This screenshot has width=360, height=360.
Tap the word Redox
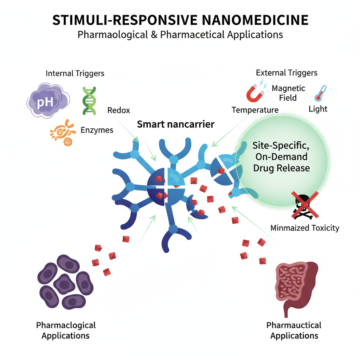coord(118,110)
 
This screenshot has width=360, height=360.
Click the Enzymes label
coord(97,130)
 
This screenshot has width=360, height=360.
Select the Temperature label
coord(255,110)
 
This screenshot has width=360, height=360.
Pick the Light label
coord(318,109)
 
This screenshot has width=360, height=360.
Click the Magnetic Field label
coord(289,93)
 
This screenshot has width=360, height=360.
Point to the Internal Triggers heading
coord(75,73)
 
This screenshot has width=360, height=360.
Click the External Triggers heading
coord(287,73)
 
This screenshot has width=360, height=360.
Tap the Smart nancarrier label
coord(175,124)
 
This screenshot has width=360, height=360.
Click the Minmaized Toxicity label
coord(305,228)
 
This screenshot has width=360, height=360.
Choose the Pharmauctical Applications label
coord(294,330)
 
